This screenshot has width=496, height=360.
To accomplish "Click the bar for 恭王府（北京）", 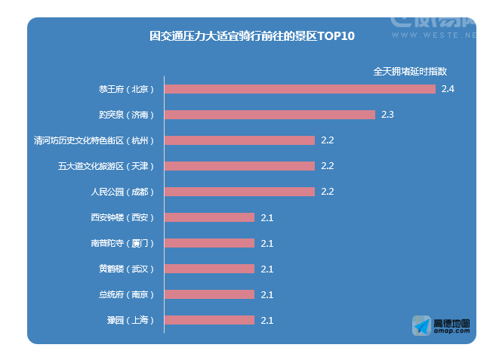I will [300, 89].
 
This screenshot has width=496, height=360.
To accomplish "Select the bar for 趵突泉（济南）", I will [270, 115].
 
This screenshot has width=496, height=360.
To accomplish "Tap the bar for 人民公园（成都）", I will [239, 192].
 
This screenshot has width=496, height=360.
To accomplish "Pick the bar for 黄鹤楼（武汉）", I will [209, 269].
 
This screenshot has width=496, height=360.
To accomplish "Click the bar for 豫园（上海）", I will [209, 320].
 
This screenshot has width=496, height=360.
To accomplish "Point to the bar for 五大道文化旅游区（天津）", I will [239, 166].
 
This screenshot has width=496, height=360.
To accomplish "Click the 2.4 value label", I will [448, 89].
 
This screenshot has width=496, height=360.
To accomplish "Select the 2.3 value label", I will [387, 115].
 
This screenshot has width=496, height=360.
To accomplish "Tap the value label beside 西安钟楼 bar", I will [266, 217].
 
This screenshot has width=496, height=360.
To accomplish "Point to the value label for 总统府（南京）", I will [266, 294].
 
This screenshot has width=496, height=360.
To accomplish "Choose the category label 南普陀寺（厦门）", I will [122, 243].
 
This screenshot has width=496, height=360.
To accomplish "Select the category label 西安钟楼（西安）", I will [122, 217].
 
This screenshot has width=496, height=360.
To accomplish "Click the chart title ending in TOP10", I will [251, 36].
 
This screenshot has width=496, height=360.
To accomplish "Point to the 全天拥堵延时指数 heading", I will [410, 71].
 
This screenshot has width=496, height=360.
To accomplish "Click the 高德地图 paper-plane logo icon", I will [421, 326].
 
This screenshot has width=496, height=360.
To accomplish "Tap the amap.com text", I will [451, 331].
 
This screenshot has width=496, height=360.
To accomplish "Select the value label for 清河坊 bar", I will [327, 140].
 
